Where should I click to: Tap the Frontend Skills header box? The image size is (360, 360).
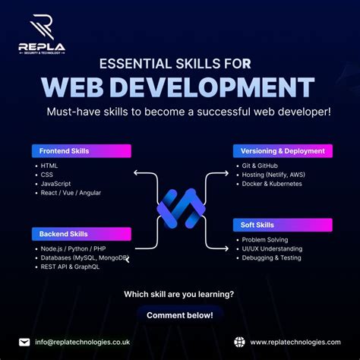81,150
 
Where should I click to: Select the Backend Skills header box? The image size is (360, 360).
81,234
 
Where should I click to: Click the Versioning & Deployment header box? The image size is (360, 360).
282,150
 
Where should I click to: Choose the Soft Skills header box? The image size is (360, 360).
282,225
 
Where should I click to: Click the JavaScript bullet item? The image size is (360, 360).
56,183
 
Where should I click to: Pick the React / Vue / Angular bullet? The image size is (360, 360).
71,193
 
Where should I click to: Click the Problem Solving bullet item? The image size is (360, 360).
265,240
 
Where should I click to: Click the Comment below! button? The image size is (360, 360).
180,314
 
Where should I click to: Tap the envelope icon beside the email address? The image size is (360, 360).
25,342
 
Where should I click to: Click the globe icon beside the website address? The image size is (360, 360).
240,342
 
